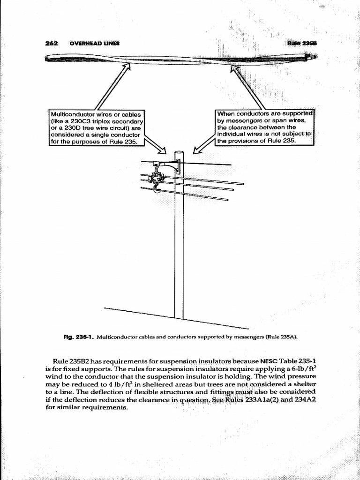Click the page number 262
click(51, 43)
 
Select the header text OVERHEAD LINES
click(94, 43)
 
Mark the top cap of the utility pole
click(179, 152)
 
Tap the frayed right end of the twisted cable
click(311, 57)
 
